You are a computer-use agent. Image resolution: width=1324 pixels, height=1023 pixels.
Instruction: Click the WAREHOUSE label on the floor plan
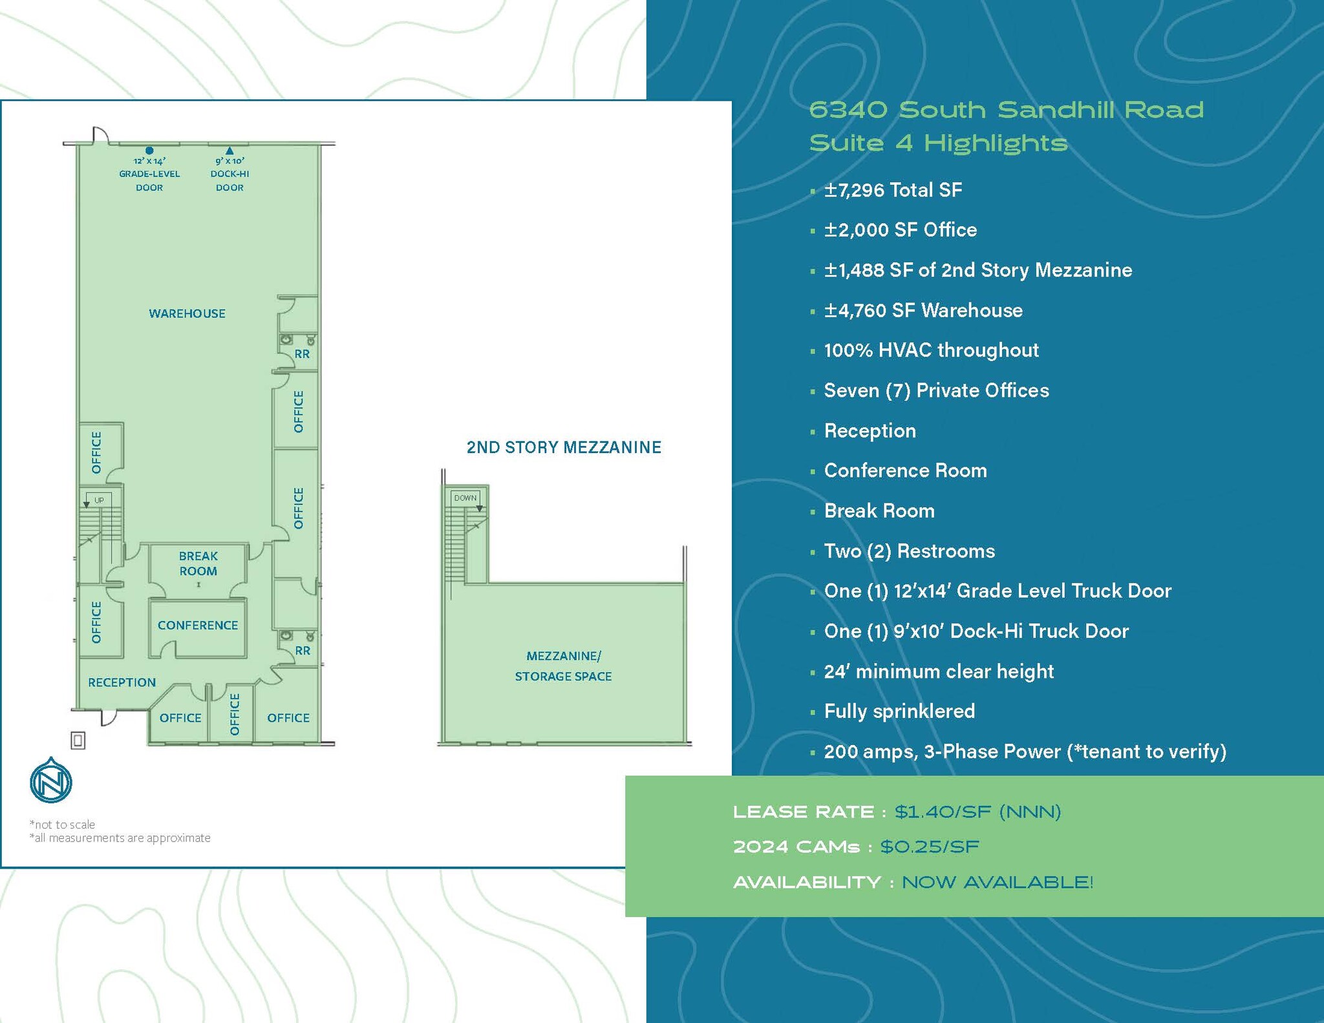point(187,313)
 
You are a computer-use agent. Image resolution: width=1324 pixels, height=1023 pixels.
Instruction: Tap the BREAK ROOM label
point(198,564)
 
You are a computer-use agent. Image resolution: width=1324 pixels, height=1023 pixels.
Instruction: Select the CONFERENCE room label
point(198,625)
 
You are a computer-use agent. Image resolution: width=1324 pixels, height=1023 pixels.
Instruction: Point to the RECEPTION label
point(122,682)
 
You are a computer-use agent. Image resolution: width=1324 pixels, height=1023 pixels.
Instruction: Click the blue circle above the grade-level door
point(149,151)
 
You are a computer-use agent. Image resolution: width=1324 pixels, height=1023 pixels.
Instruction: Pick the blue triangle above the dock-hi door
point(230,151)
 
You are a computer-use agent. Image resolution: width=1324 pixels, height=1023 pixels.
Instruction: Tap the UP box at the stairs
point(99,500)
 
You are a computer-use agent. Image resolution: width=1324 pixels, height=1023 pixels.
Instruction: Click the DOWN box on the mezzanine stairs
point(465,498)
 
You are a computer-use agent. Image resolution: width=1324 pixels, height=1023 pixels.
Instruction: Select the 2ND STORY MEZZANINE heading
point(564,447)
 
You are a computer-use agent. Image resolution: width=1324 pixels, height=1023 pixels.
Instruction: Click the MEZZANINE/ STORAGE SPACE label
point(563,666)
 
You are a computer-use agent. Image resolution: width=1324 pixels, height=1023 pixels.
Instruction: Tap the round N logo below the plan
point(51,781)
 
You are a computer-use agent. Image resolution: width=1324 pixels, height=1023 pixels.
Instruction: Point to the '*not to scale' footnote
point(62,825)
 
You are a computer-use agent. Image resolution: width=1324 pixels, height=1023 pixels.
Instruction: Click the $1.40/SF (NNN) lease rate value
point(977,812)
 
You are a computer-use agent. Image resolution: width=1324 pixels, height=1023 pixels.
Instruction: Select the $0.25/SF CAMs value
point(930,847)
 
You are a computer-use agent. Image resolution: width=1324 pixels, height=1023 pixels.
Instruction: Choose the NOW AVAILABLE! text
point(997,882)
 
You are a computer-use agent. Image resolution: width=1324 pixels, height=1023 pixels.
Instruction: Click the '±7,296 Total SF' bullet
point(893,190)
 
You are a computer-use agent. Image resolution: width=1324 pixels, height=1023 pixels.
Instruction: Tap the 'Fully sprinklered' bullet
point(899,711)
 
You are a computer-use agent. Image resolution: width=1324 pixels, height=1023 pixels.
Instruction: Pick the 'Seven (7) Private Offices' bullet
point(936,390)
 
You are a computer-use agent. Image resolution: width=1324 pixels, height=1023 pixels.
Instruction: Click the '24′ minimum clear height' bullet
point(939,671)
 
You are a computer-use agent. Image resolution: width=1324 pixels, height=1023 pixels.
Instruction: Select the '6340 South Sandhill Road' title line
point(1006,110)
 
